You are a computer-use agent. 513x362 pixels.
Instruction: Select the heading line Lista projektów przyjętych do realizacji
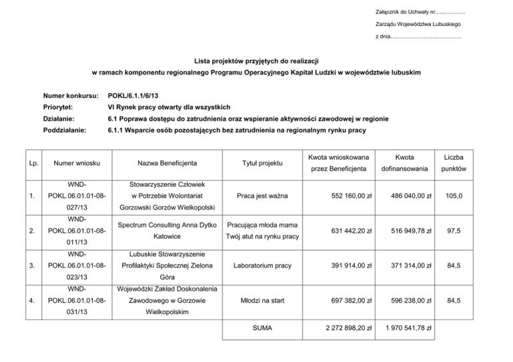256,59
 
